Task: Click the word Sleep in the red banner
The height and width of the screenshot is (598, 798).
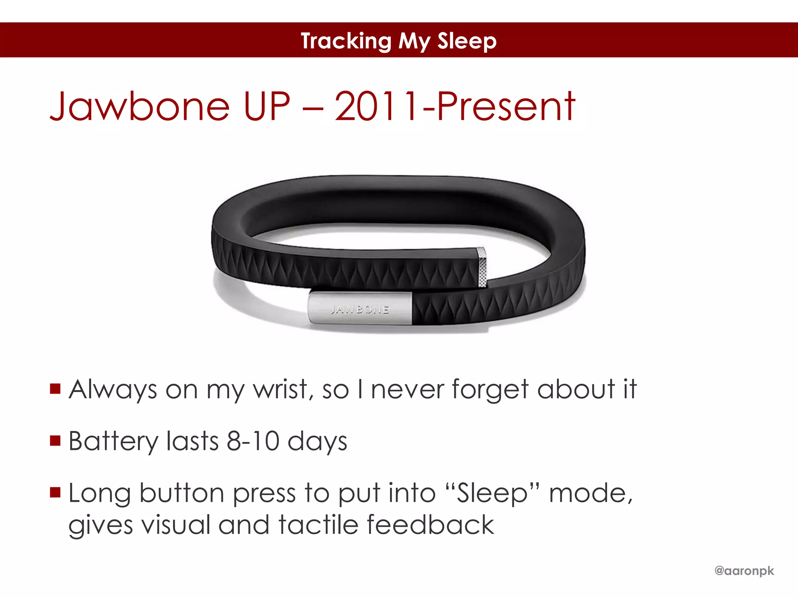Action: [466, 41]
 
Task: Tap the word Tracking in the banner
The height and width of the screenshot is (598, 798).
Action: [346, 41]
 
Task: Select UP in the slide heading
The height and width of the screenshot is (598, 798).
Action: [267, 106]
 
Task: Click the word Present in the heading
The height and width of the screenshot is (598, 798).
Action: [506, 106]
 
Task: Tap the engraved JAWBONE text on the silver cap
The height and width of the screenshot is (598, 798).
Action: [360, 310]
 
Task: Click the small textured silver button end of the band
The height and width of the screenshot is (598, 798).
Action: [482, 267]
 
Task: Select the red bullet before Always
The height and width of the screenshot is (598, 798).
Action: [55, 389]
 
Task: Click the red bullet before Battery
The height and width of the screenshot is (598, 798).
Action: [55, 440]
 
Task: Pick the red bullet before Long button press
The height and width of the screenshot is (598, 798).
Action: [55, 492]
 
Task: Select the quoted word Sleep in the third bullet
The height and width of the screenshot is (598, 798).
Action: [492, 494]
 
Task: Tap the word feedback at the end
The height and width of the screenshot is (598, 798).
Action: [430, 524]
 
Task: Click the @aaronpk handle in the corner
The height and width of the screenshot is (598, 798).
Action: [744, 571]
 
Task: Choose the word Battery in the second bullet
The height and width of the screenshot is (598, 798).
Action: [113, 441]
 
